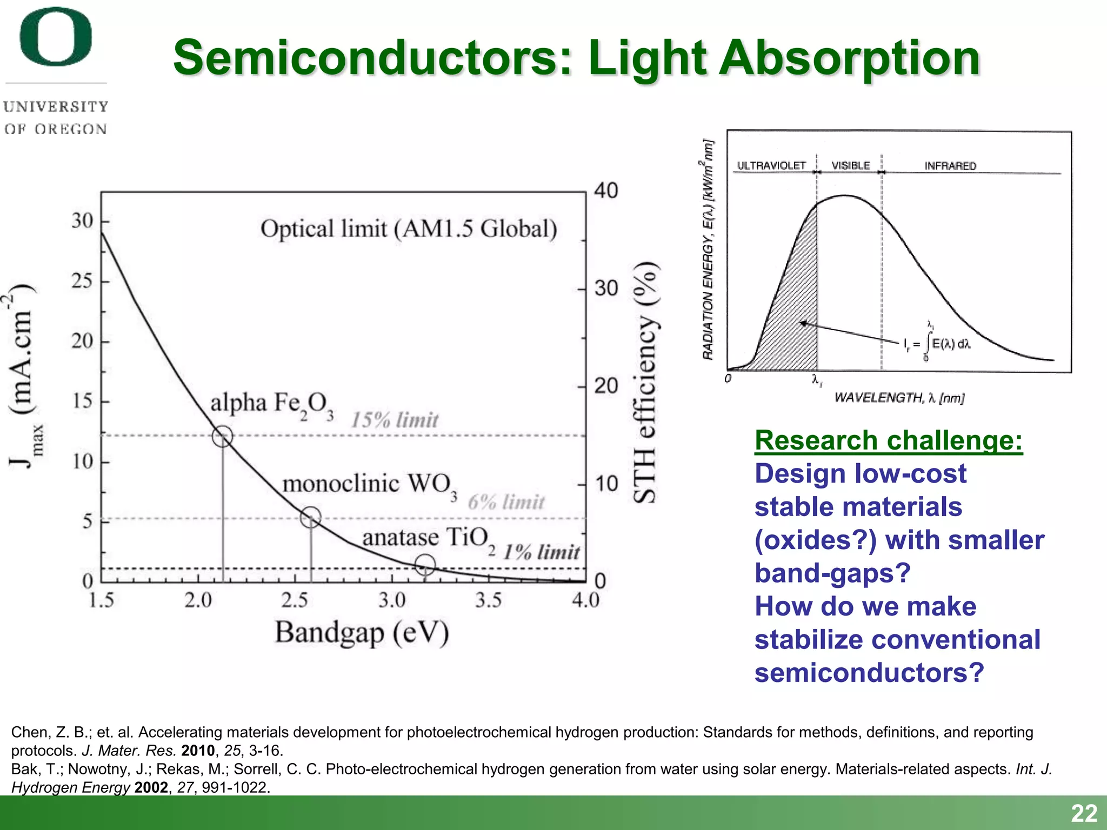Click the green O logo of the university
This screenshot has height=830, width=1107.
(x=56, y=37)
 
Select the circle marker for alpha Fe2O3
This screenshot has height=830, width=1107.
(x=222, y=436)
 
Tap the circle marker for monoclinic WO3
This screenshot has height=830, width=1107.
(x=311, y=517)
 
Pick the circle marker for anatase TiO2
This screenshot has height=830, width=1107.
(x=425, y=565)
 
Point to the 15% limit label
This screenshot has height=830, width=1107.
(x=395, y=420)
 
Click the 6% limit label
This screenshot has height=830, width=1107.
(x=506, y=502)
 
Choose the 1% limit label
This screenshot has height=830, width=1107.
(x=541, y=552)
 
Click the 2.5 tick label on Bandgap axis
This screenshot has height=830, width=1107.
(x=295, y=600)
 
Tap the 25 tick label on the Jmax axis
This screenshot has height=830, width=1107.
(x=82, y=281)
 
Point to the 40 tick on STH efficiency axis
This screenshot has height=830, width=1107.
(x=606, y=191)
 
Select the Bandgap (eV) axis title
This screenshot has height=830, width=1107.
(x=362, y=633)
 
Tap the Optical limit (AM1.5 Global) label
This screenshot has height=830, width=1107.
(x=409, y=229)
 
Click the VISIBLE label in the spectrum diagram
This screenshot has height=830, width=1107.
(x=850, y=165)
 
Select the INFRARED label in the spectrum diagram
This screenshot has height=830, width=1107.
(x=950, y=166)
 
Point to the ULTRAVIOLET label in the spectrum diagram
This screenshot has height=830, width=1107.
(x=771, y=165)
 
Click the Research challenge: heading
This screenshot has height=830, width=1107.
(x=889, y=440)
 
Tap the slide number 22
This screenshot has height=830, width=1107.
(x=1084, y=813)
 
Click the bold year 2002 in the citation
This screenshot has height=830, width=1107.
(x=151, y=787)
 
